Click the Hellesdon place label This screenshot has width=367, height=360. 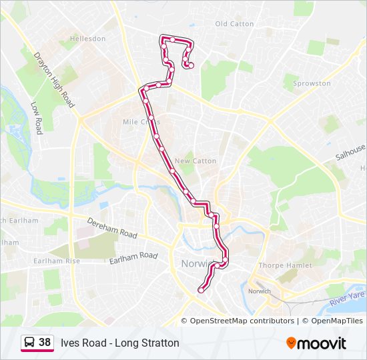click(88, 39)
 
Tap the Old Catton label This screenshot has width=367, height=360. click(234, 24)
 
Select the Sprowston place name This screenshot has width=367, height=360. click(312, 84)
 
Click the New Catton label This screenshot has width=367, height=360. click(195, 161)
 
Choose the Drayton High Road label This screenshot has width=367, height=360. click(55, 79)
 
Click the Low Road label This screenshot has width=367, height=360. click(37, 118)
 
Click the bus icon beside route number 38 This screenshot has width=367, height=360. click(30, 343)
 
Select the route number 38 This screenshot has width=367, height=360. click(45, 343)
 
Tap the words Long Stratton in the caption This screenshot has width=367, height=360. click(147, 343)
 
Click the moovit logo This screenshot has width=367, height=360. click(316, 343)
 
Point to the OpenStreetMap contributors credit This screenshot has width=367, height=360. click(242, 321)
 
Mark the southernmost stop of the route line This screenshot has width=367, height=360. click(201, 290)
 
